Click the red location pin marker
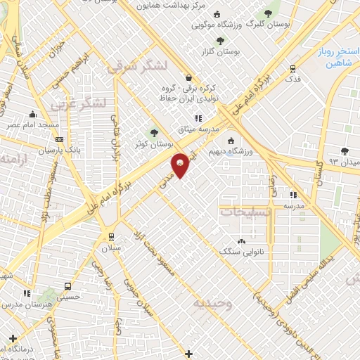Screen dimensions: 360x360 click(x=180, y=165)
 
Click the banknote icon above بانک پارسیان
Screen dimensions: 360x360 click(x=58, y=140)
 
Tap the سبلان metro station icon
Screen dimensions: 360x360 click(x=111, y=236)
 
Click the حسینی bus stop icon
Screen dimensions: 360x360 click(x=67, y=287)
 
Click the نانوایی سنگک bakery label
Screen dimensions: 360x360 click(x=240, y=250)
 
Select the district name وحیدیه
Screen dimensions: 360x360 click(x=214, y=303)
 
